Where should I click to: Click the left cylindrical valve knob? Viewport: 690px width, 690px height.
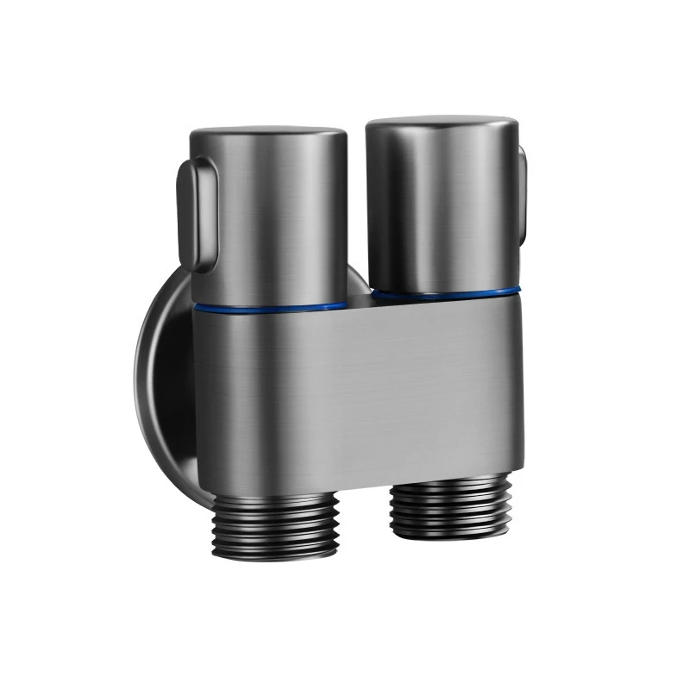(269, 216)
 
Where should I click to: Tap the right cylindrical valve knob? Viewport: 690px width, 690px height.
(442, 207)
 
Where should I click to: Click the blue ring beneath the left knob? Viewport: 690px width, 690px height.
(269, 306)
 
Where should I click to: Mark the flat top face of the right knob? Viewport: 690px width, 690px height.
(442, 123)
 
